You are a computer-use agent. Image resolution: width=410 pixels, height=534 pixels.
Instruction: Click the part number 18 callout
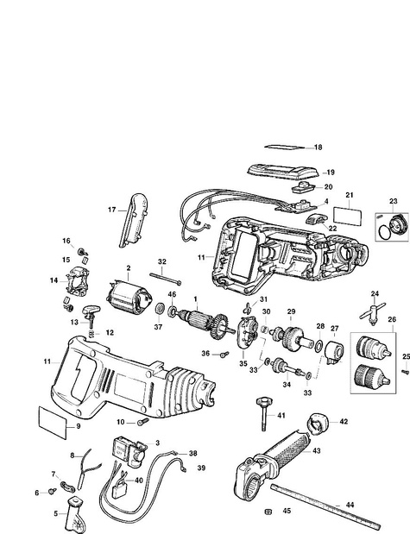pos(318,148)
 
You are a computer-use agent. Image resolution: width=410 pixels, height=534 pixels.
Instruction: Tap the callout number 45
pos(287,511)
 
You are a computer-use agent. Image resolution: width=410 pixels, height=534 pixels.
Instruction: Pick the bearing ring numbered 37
pos(160,310)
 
